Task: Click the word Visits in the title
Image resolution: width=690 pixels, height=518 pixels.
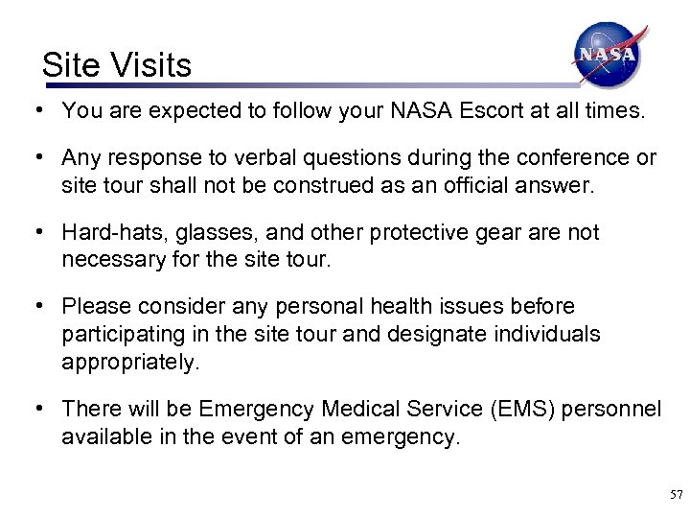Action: tap(152, 65)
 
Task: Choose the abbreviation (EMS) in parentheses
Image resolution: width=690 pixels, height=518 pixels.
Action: tap(518, 409)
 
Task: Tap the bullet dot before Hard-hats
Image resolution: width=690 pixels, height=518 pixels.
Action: tap(35, 231)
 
